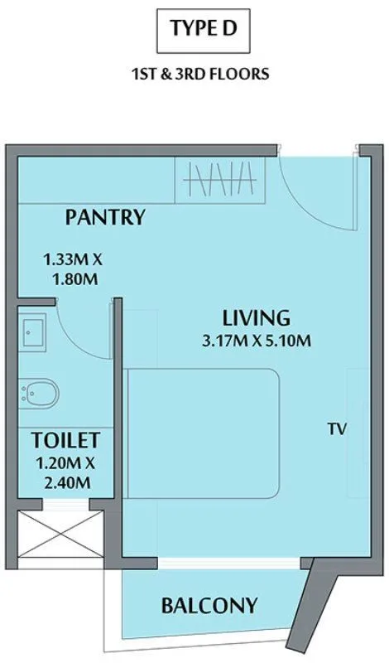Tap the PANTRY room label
coord(105,218)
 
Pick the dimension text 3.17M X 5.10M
coord(256,339)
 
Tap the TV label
coord(335,429)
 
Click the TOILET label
coord(66,440)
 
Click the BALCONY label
coord(209,604)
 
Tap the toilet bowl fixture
coord(40,393)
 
